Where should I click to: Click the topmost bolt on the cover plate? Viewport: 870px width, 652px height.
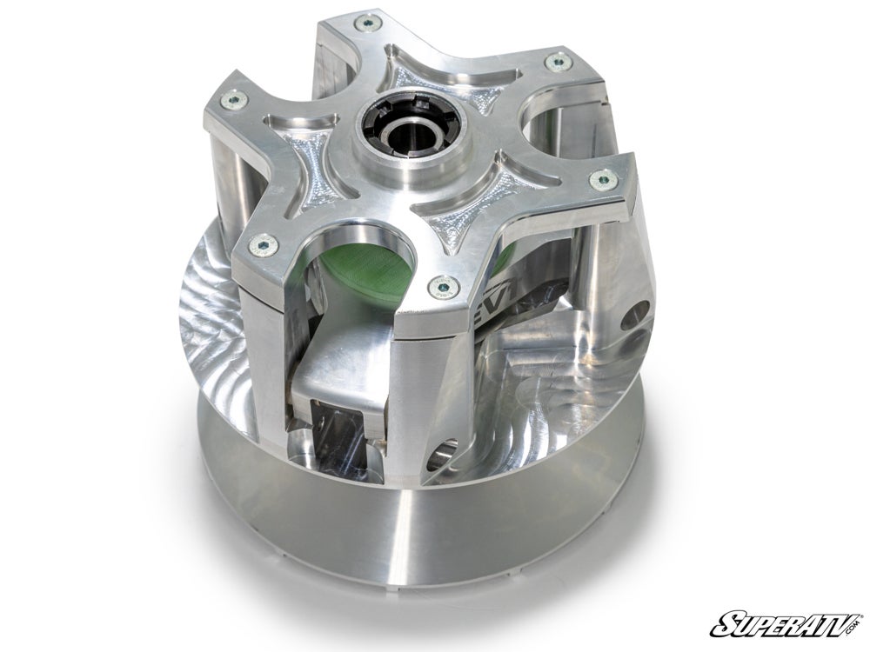coord(371,23)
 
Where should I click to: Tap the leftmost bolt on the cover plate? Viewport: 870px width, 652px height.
coord(231,99)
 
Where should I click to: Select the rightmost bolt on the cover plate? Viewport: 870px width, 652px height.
coord(599,181)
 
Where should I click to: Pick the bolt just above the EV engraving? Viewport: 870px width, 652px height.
coord(445,283)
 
